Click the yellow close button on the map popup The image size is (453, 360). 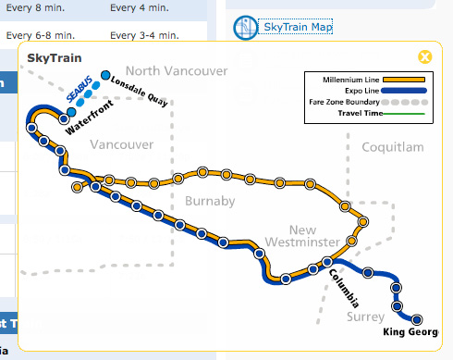point(424,56)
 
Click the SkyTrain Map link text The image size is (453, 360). point(296,27)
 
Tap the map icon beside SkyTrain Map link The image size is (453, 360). point(245,28)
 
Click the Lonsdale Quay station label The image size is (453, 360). point(139,91)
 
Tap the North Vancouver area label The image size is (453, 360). point(176,71)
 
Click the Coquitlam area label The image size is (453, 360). point(392,147)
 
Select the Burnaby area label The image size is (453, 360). point(211,201)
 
